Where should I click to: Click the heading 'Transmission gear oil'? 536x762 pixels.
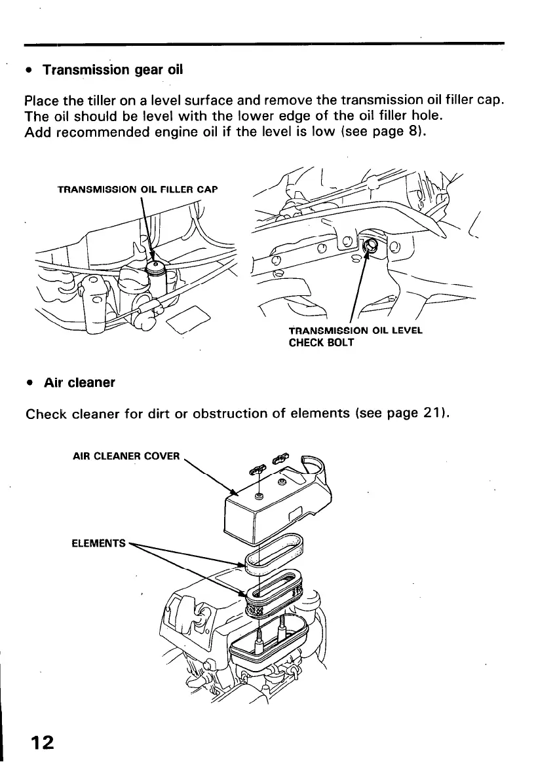tap(112, 69)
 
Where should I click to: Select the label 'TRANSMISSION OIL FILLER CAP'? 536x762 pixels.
tap(137, 190)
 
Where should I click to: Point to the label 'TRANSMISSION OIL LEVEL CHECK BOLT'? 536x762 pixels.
tap(355, 336)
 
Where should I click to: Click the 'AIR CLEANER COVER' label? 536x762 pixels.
tap(125, 456)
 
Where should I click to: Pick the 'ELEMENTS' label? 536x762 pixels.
tap(98, 543)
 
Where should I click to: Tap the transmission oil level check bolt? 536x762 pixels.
tap(369, 245)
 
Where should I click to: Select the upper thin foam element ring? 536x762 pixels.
tap(273, 554)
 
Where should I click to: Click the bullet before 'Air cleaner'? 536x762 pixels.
tap(29, 383)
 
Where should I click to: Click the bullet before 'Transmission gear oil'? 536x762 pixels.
tap(29, 70)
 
